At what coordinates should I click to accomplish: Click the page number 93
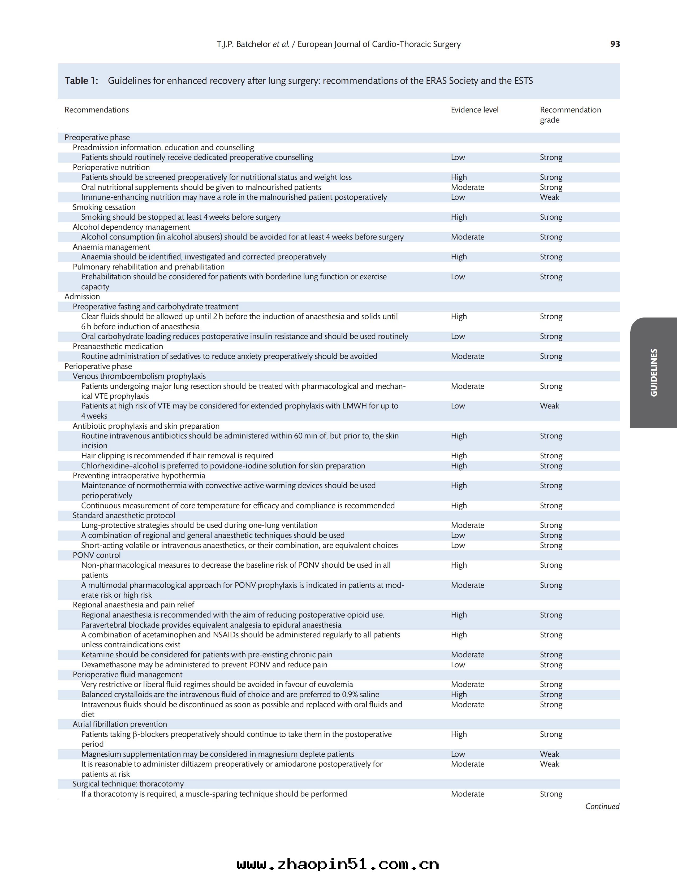pyautogui.click(x=615, y=44)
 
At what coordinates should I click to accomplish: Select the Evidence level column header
pyautogui.click(x=475, y=110)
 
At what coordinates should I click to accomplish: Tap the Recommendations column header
pyautogui.click(x=97, y=110)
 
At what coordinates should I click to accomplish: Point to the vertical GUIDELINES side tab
pyautogui.click(x=653, y=373)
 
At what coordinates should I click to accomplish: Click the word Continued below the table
pyautogui.click(x=602, y=806)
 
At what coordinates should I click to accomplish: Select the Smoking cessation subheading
pyautogui.click(x=104, y=207)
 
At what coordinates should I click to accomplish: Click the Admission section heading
pyautogui.click(x=82, y=297)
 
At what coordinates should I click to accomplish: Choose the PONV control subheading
pyautogui.click(x=97, y=555)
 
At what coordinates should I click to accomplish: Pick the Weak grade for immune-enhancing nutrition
pyautogui.click(x=549, y=197)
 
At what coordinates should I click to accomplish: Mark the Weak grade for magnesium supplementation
pyautogui.click(x=549, y=754)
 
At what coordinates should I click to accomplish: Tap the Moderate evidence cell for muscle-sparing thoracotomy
pyautogui.click(x=467, y=794)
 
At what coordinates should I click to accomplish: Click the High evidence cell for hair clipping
pyautogui.click(x=459, y=455)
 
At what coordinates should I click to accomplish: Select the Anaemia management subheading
pyautogui.click(x=111, y=247)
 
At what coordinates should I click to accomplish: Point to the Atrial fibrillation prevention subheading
pyautogui.click(x=120, y=724)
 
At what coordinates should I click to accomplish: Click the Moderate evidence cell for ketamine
pyautogui.click(x=467, y=655)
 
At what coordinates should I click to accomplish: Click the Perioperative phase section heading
pyautogui.click(x=98, y=366)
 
